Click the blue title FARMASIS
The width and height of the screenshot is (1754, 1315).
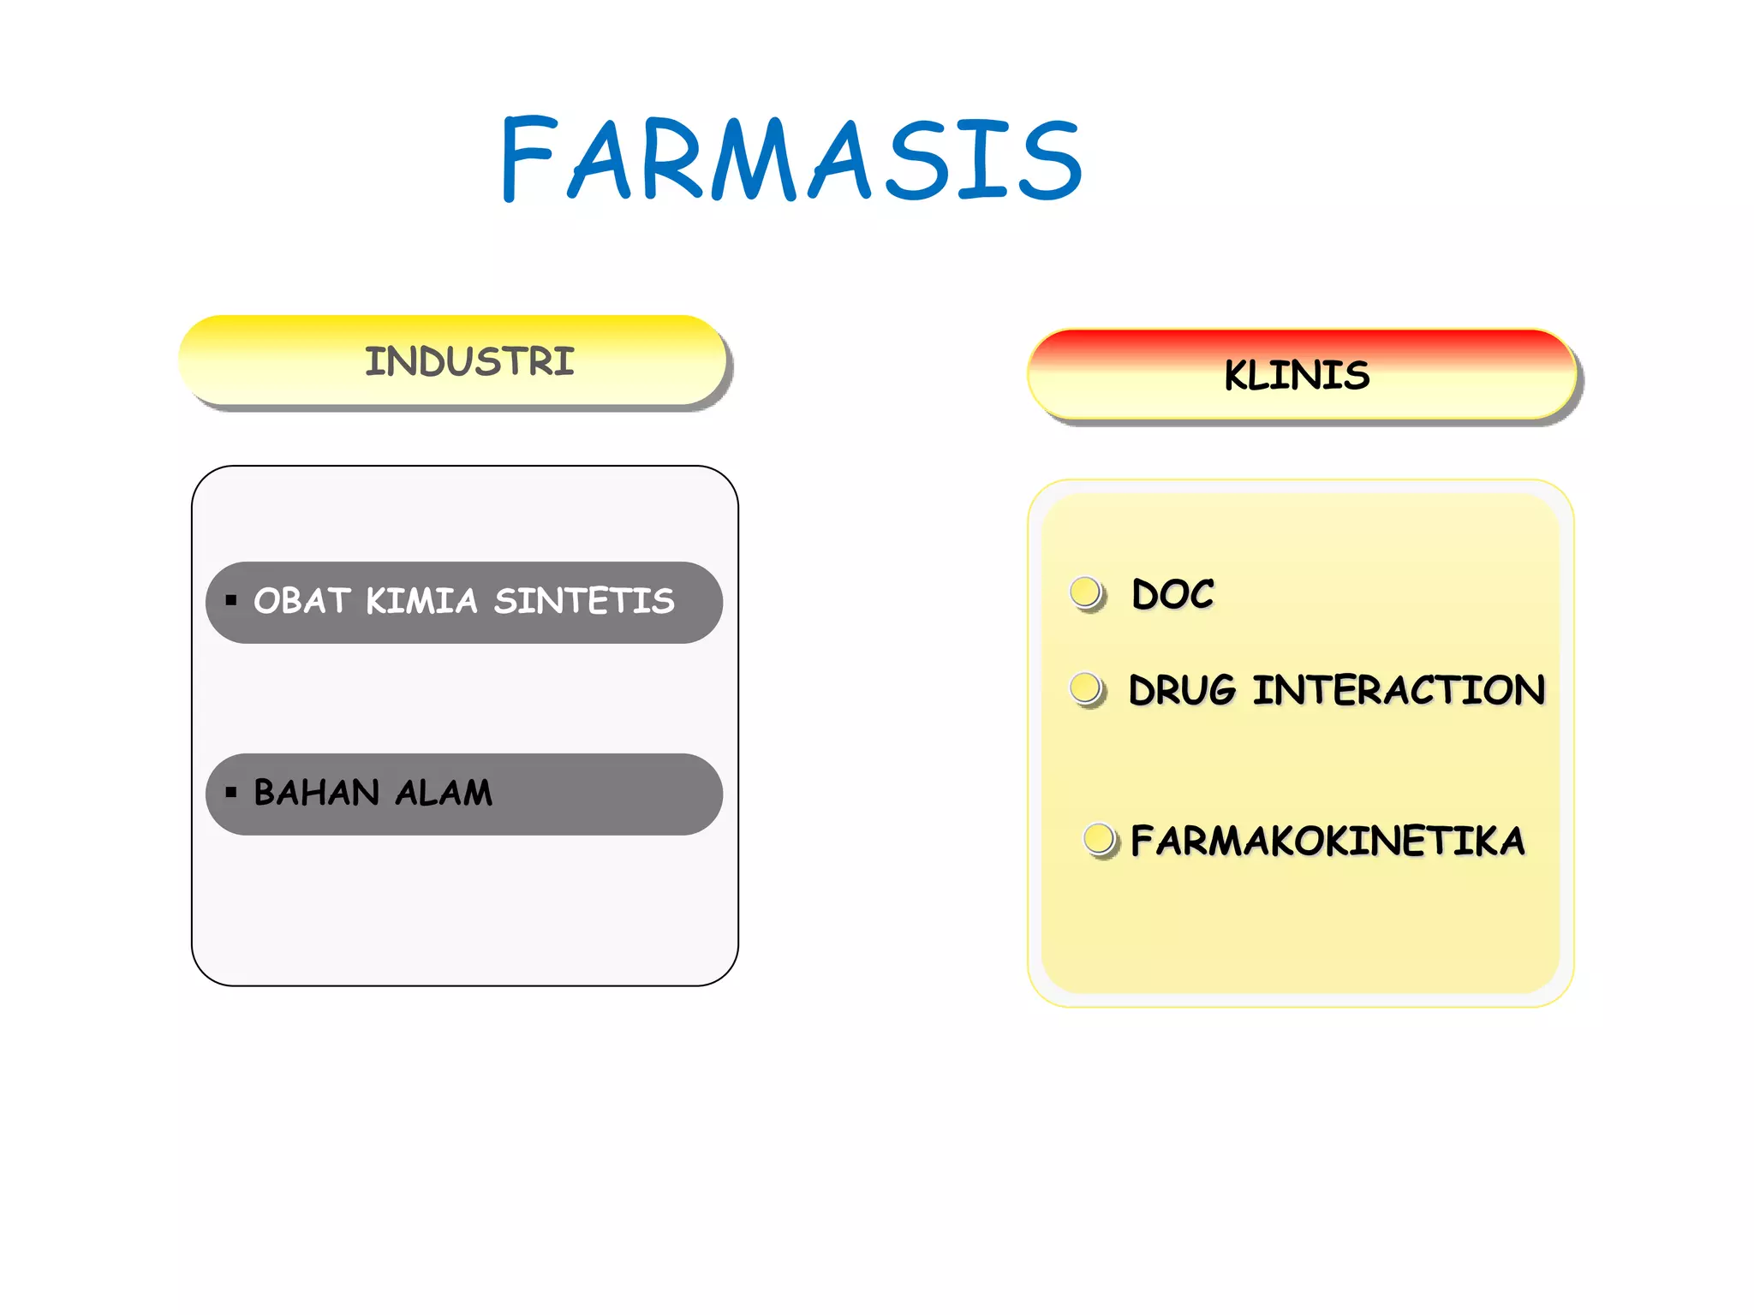point(791,159)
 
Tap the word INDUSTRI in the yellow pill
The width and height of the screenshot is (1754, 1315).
point(469,361)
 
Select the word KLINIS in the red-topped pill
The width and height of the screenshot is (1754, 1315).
point(1297,376)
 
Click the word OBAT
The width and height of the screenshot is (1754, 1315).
point(302,601)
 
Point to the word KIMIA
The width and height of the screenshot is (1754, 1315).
point(421,601)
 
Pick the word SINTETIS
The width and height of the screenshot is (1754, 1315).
point(584,601)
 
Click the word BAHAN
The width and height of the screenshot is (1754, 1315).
point(316,793)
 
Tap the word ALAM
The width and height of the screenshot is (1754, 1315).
point(444,793)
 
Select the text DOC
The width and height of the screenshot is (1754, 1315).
point(1172,594)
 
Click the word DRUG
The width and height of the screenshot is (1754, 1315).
point(1183,690)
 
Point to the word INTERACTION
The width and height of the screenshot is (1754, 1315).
point(1399,690)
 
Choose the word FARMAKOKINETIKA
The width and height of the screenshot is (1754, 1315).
point(1327,841)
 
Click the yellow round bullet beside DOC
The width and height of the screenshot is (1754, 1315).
point(1087,592)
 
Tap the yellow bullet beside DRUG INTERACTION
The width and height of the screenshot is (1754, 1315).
point(1087,688)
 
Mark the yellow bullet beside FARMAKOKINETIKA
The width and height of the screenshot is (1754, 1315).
point(1100,839)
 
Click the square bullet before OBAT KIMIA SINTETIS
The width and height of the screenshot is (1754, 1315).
point(230,600)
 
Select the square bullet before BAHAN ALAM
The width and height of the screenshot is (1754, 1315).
point(230,792)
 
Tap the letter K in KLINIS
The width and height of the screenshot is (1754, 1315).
point(1238,376)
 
